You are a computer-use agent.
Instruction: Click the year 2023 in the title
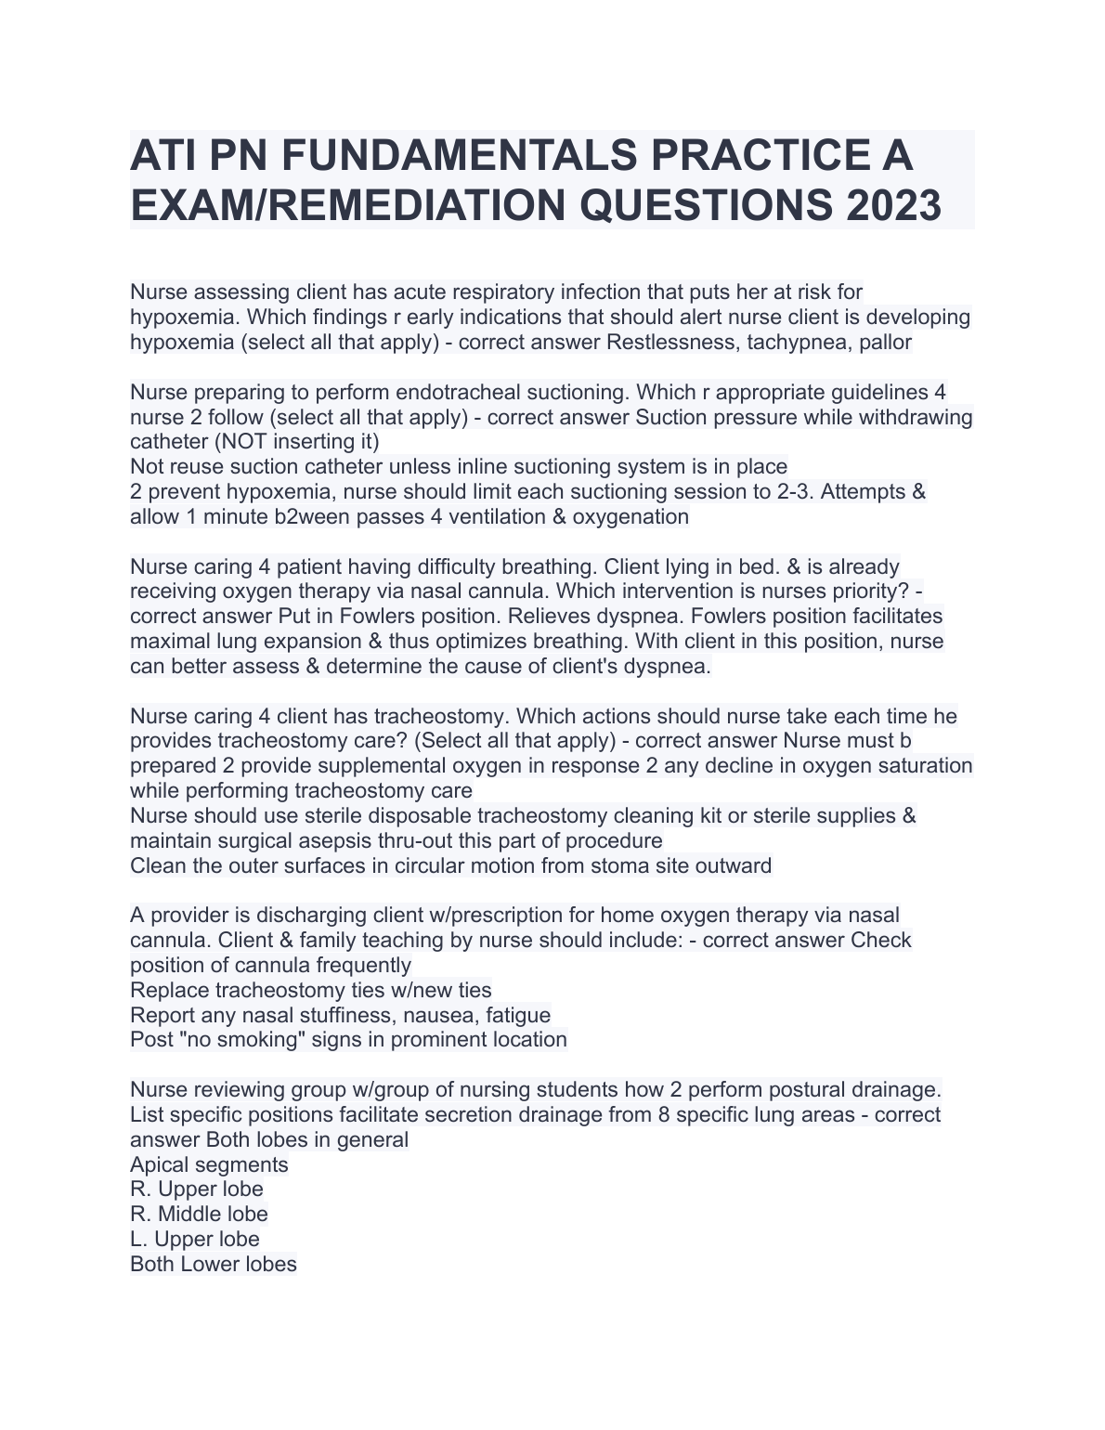(x=893, y=205)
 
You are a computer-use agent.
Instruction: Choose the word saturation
(x=920, y=765)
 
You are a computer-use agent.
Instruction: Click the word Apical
(x=160, y=1164)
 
